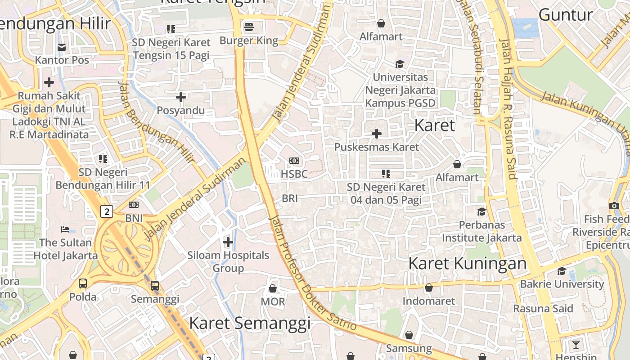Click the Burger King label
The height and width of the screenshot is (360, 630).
click(249, 40)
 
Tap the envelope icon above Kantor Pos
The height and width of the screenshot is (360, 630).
click(62, 47)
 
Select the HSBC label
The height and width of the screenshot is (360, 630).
click(294, 174)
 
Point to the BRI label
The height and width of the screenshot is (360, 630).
click(290, 198)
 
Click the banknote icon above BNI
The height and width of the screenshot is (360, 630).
click(134, 205)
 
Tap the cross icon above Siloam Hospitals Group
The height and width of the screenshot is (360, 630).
click(228, 243)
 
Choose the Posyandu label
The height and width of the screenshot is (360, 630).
click(180, 110)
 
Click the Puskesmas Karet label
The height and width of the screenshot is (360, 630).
click(377, 147)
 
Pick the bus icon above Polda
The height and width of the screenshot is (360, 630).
click(83, 283)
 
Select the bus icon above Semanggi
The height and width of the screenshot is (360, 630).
click(155, 285)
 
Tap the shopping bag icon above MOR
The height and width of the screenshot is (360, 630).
click(273, 288)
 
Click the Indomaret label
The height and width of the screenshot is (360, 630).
click(429, 301)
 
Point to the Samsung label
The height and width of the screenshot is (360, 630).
click(409, 348)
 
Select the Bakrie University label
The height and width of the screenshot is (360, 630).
click(562, 284)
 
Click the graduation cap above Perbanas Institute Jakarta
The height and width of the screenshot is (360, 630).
click(481, 211)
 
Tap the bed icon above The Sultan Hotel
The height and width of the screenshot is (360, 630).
click(65, 229)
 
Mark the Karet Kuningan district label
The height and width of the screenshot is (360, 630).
click(467, 263)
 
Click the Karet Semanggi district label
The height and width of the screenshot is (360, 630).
click(250, 323)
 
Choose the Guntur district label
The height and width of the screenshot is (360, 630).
click(566, 14)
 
